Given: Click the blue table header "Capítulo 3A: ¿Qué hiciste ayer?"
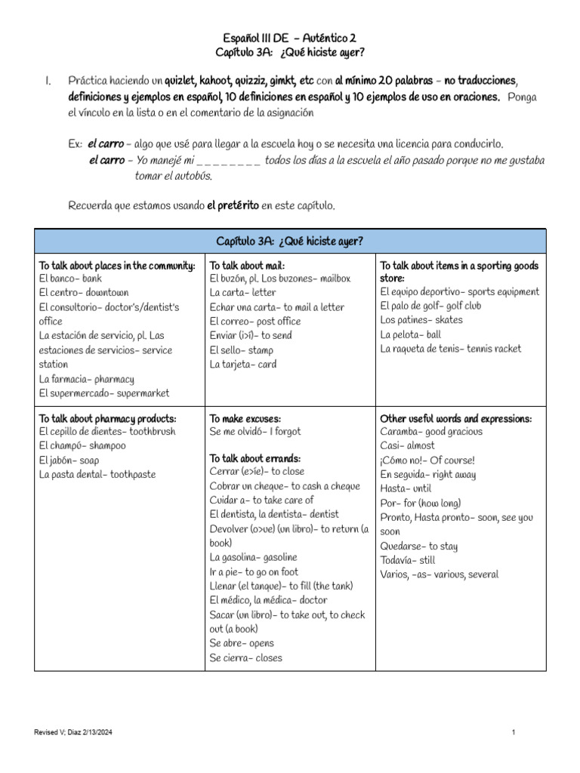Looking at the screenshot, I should pyautogui.click(x=290, y=241).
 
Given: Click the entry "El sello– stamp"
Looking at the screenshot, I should pyautogui.click(x=242, y=350).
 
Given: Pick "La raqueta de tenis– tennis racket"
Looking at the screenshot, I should pyautogui.click(x=451, y=349).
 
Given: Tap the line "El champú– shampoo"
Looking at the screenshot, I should pyautogui.click(x=82, y=446).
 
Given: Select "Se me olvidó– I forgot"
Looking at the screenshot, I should pyautogui.click(x=255, y=432).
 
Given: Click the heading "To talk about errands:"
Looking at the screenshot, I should pyautogui.click(x=255, y=458).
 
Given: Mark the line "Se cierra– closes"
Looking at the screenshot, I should pyautogui.click(x=245, y=658).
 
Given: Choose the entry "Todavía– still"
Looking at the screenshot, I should pyautogui.click(x=408, y=560).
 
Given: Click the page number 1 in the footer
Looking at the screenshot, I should pyautogui.click(x=513, y=733).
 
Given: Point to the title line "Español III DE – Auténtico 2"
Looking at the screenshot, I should pyautogui.click(x=290, y=36).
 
